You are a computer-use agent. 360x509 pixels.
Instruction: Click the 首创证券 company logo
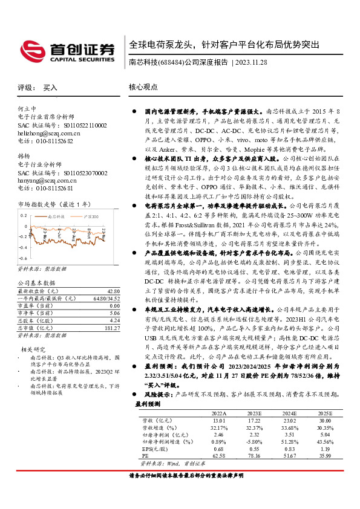pyautogui.click(x=67, y=50)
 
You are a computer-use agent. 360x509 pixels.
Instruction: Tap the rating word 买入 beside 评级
pyautogui.click(x=50, y=88)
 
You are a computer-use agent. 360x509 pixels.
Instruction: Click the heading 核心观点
pyautogui.click(x=143, y=88)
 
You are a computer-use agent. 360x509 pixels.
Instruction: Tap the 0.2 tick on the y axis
pyautogui.click(x=24, y=215)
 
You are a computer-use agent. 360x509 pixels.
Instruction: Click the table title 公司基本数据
pyautogui.click(x=36, y=283)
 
